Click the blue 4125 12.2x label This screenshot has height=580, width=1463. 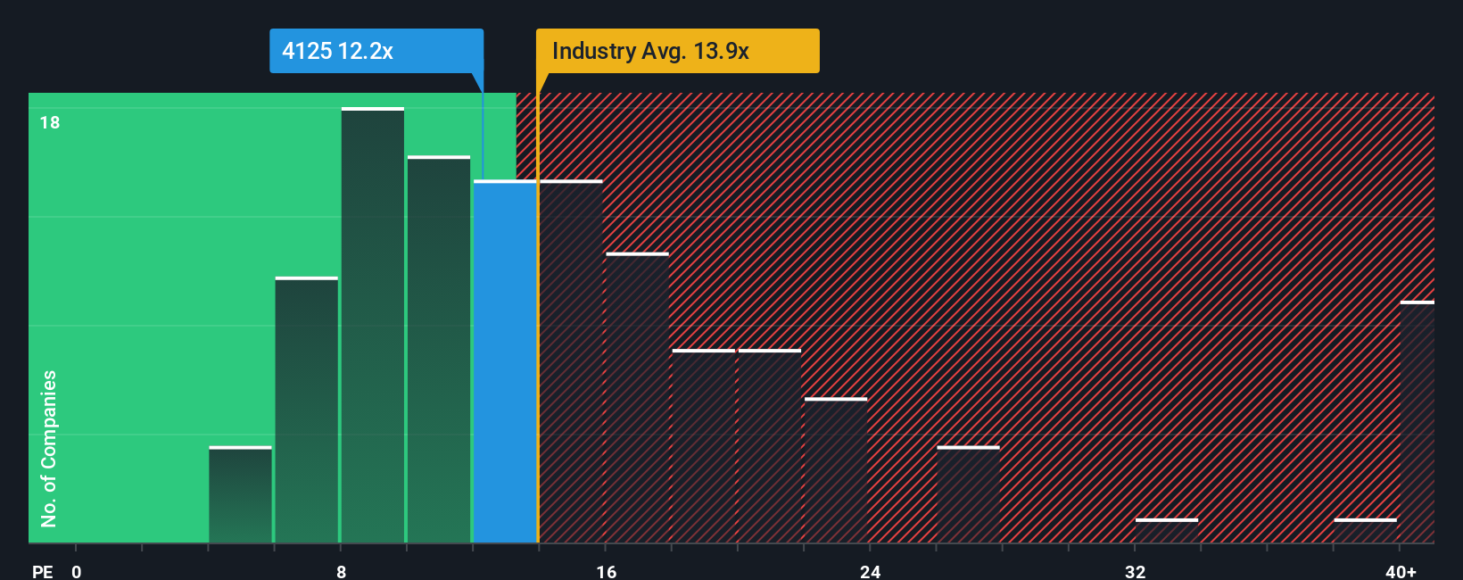376,51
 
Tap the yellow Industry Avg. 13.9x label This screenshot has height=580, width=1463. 676,51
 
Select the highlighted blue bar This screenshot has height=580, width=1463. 505,361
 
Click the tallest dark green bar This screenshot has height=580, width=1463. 373,326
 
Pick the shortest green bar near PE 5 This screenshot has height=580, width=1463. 240,494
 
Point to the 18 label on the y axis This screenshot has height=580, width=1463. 50,122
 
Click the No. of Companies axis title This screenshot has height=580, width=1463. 49,448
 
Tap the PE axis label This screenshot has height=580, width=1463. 42,571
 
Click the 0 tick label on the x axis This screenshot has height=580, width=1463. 77,571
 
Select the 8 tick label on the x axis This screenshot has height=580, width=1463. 341,571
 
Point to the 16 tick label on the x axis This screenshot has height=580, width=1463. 606,571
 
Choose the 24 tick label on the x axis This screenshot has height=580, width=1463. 870,571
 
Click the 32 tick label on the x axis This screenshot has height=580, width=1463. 1135,571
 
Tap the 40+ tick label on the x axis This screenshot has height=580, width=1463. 1401,571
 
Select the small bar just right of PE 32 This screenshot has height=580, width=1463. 1167,531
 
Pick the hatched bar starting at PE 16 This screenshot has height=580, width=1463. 637,398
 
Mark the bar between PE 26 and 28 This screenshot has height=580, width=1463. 968,494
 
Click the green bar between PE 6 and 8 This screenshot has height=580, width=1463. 306,410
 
